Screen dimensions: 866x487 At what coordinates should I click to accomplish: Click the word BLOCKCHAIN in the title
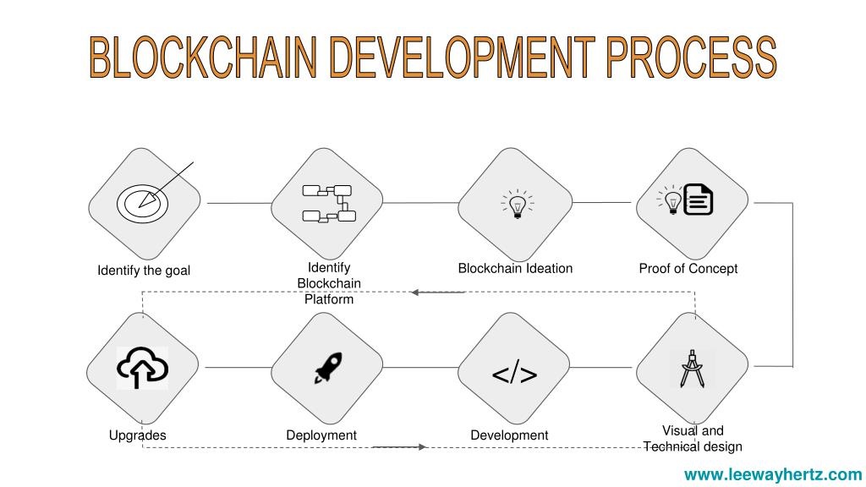click(203, 57)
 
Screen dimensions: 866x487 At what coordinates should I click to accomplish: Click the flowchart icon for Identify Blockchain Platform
click(329, 203)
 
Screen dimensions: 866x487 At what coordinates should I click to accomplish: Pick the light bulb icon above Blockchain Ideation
click(517, 205)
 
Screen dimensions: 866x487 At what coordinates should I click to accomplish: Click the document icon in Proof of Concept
click(698, 200)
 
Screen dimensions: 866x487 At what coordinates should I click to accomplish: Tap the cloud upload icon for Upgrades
click(142, 368)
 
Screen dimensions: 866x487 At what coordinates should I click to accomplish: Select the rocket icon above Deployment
click(328, 368)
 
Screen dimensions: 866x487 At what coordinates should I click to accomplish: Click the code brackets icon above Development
click(514, 373)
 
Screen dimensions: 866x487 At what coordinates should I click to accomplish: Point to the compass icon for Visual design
click(692, 369)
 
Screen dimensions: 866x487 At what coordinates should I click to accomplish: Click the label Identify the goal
click(144, 271)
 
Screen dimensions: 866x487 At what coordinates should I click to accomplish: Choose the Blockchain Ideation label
click(515, 268)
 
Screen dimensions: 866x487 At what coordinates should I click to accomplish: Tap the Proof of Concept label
click(688, 268)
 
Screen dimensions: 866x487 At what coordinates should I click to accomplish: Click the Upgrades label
click(138, 435)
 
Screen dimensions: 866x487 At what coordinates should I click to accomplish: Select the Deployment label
click(321, 435)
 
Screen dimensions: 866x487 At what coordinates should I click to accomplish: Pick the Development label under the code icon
click(509, 435)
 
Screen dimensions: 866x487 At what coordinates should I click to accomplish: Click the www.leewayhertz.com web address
click(773, 474)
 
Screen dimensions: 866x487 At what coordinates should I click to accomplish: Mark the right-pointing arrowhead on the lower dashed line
click(423, 446)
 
